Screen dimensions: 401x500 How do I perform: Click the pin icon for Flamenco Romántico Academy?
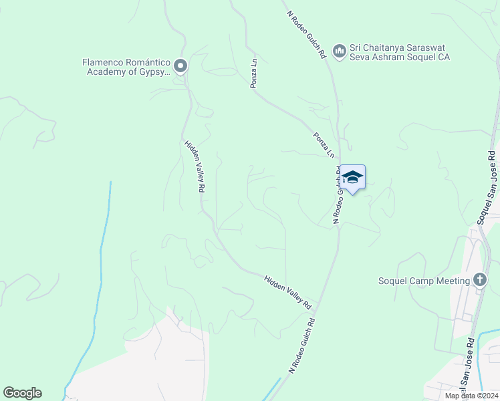tap(180, 66)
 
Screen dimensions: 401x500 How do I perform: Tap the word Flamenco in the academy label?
tap(104, 62)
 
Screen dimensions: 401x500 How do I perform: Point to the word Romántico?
tap(148, 62)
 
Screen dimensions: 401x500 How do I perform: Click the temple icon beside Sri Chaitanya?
tap(339, 50)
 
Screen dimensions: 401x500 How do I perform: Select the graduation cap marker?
tap(352, 178)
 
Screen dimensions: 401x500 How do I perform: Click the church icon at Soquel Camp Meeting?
tap(479, 280)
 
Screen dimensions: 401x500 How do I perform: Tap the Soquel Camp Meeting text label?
tap(424, 281)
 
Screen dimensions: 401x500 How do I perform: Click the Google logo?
tap(22, 393)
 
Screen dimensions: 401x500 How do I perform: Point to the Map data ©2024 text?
tap(471, 396)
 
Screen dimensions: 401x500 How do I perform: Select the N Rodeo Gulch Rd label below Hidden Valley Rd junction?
tap(301, 345)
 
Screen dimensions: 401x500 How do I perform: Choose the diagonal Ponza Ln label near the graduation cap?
tap(324, 144)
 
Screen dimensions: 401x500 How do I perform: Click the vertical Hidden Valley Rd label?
tap(194, 166)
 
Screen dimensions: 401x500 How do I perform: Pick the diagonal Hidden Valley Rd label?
tap(288, 292)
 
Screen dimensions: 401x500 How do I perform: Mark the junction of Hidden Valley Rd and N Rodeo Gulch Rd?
tap(316, 311)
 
